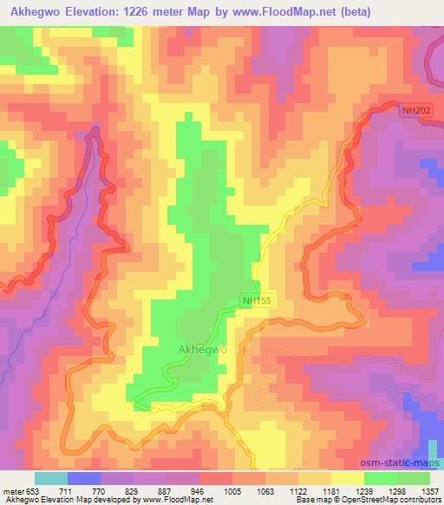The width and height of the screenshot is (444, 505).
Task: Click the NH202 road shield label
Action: coord(415,110)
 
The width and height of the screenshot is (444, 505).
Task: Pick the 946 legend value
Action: coord(197,491)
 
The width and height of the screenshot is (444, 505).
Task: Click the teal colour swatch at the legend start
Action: coord(50,478)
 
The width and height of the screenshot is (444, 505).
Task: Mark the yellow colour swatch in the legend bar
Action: coord(347,478)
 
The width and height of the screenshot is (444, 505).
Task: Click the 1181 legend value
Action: coord(330,491)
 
